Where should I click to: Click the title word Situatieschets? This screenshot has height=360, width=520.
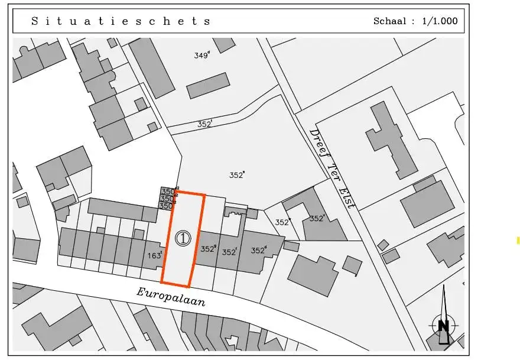click(x=121, y=21)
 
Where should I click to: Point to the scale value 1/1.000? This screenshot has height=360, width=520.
click(x=440, y=21)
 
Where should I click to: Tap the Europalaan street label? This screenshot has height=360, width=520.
click(x=171, y=296)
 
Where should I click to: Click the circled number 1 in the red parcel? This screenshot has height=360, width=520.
click(x=183, y=239)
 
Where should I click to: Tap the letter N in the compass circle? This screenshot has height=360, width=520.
click(x=444, y=325)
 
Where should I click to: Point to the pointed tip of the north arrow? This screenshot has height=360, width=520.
click(x=444, y=286)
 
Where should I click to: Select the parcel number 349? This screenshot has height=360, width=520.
click(x=201, y=56)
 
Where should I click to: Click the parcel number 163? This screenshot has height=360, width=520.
click(x=154, y=256)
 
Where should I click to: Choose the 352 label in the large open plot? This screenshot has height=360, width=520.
click(x=237, y=175)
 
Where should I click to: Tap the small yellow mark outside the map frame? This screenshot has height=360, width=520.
click(x=518, y=240)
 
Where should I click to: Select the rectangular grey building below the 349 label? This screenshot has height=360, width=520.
click(x=208, y=86)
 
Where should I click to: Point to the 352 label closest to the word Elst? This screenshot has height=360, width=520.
click(x=317, y=218)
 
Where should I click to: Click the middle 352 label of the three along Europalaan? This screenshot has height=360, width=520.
click(x=229, y=252)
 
